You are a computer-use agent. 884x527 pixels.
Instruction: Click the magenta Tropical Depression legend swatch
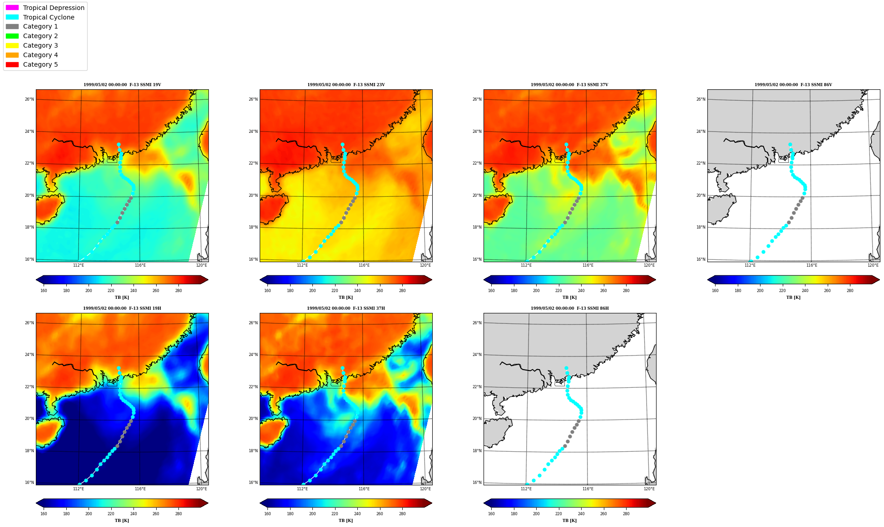[12, 8]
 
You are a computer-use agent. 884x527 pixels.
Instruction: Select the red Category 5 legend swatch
[12, 64]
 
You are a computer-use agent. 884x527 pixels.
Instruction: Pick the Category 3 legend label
[40, 45]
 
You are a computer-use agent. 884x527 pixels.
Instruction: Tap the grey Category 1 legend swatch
[12, 26]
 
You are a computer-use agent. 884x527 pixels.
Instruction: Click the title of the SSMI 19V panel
[122, 85]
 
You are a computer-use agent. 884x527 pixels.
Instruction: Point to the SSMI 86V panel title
[793, 85]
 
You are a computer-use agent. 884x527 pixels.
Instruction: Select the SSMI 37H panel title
[346, 308]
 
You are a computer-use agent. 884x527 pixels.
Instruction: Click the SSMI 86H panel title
[569, 308]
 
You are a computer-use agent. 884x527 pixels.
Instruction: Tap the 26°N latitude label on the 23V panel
[253, 99]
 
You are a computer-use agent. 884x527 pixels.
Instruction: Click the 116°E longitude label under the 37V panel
[588, 265]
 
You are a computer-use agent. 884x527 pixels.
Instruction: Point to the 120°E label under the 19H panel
[202, 489]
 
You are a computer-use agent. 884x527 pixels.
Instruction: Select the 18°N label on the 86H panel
[477, 451]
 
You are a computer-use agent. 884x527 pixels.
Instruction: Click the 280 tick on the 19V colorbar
[178, 291]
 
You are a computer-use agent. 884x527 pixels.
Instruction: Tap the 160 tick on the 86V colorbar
[715, 291]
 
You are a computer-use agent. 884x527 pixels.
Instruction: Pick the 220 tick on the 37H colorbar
[335, 514]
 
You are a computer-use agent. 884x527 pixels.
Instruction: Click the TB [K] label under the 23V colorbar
[346, 298]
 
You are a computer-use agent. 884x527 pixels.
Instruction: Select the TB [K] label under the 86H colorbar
[569, 521]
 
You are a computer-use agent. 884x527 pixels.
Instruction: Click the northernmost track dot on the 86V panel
[790, 145]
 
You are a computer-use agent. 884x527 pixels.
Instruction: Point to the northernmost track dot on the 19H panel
[119, 368]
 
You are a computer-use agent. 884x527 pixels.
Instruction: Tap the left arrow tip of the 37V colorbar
[484, 279]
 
